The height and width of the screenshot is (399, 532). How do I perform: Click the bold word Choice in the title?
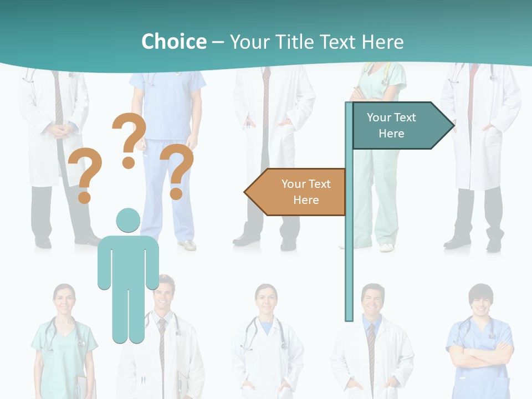[173, 42]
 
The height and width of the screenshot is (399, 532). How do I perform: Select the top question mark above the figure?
[129, 139]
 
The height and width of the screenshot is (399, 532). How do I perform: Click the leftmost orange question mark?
[85, 175]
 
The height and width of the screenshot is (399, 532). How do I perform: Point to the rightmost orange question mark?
[177, 170]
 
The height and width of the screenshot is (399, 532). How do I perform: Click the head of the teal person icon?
[128, 220]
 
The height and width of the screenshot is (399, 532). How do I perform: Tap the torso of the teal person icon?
[128, 260]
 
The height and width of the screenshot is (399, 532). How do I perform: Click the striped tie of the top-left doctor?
[58, 100]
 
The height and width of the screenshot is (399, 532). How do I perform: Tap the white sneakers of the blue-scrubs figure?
[187, 244]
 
